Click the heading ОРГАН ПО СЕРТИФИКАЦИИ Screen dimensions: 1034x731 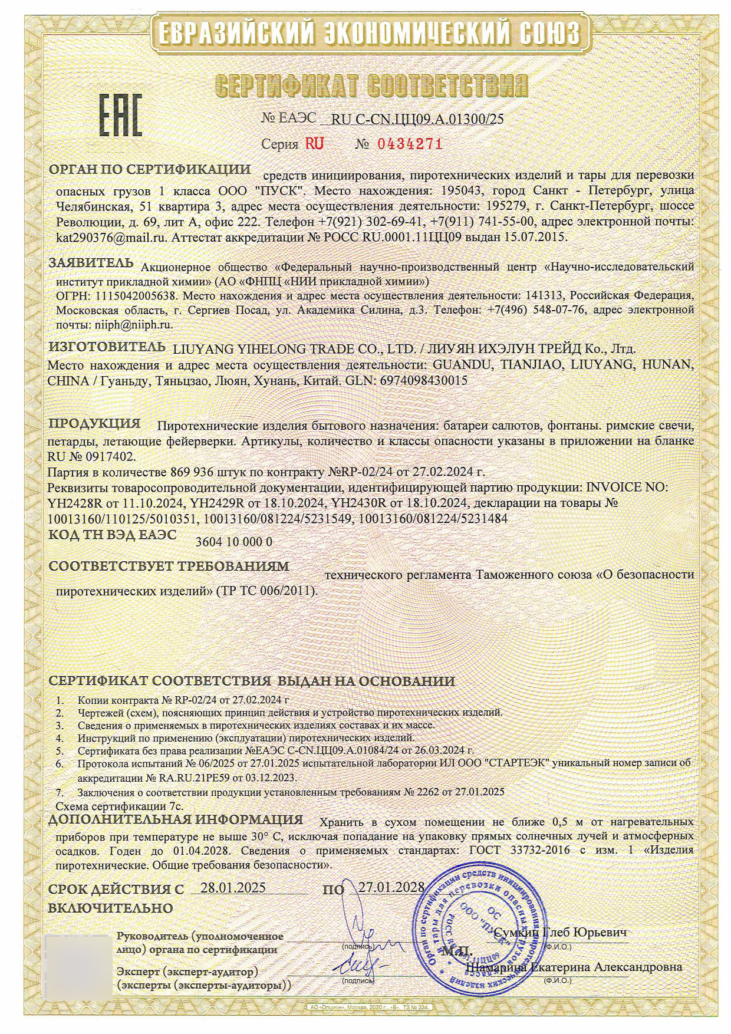(150, 169)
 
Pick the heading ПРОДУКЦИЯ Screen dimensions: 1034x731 (94, 423)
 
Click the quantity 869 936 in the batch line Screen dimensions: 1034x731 (195, 472)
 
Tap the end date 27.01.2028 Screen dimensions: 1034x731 (391, 887)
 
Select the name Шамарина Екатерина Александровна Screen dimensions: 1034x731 (574, 967)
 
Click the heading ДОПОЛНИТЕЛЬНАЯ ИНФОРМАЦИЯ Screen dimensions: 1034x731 (176, 819)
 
